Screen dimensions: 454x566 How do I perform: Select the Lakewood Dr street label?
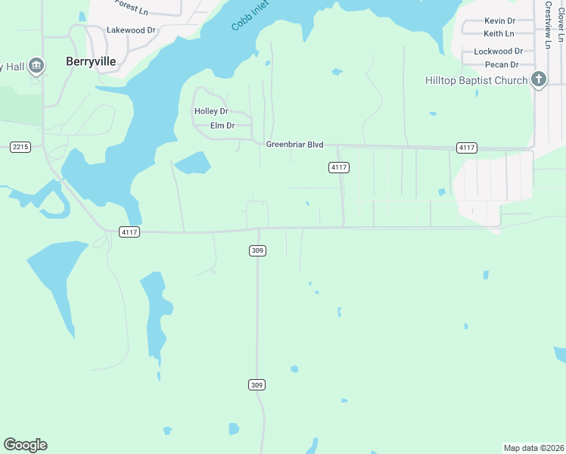tap(131, 30)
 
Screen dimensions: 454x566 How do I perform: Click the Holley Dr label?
tap(211, 111)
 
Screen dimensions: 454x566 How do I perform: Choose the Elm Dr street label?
tap(222, 126)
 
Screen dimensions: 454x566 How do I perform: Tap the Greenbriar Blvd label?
tap(294, 144)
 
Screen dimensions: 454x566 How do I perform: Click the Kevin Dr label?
tap(499, 21)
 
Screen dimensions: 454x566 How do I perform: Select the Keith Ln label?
tap(499, 34)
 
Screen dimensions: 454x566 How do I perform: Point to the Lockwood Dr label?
tap(498, 51)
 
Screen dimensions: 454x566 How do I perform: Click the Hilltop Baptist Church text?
tap(476, 80)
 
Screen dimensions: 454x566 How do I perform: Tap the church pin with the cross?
tap(539, 79)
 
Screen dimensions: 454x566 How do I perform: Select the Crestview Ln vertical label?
tap(547, 24)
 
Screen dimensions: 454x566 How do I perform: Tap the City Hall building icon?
tap(36, 67)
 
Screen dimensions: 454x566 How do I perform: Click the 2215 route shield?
tap(20, 147)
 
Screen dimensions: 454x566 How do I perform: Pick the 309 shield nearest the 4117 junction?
tap(257, 250)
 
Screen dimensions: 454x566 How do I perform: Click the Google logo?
tap(25, 445)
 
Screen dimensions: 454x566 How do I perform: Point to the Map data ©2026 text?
tap(533, 448)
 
